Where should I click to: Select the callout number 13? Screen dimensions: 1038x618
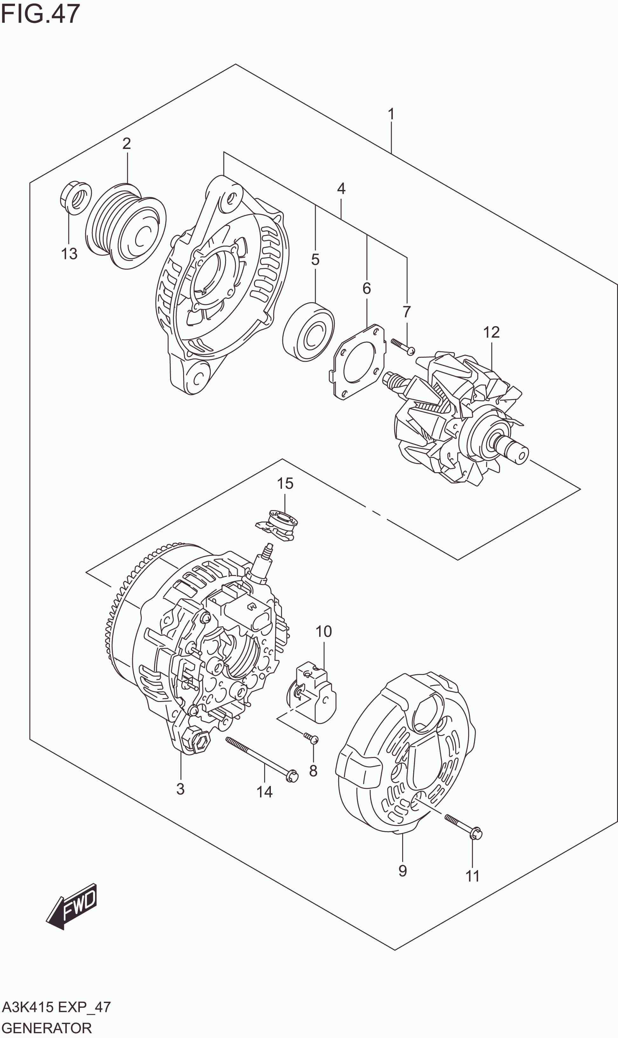[x=69, y=254]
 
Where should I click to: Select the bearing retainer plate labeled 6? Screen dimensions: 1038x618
[x=359, y=362]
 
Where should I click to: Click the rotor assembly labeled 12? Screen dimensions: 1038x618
[x=458, y=421]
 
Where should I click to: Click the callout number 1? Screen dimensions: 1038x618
[x=391, y=114]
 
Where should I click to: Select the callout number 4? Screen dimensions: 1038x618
[x=341, y=189]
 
